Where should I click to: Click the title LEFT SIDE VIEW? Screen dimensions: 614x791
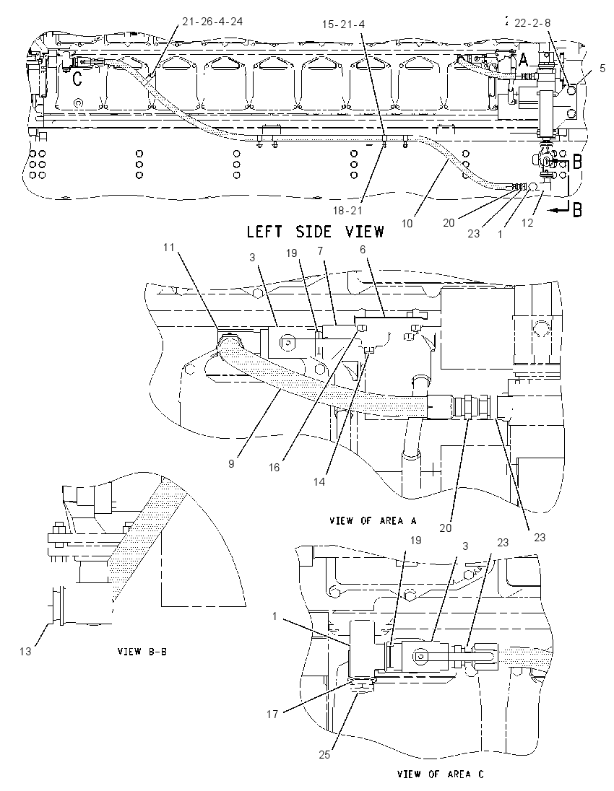315,232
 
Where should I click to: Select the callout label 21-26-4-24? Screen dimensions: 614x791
212,21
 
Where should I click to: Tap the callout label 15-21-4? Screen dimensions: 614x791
343,25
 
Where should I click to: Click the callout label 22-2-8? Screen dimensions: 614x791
532,22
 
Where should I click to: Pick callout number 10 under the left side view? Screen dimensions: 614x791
407,222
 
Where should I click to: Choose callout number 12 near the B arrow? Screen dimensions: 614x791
527,222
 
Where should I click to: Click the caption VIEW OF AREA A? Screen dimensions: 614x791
373,520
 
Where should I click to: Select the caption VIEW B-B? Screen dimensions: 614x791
142,651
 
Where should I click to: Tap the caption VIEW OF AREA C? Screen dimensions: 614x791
441,774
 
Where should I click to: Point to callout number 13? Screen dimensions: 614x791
25,651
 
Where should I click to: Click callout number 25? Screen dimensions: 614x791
324,755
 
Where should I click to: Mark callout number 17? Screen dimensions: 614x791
272,714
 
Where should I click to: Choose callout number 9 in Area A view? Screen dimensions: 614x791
231,463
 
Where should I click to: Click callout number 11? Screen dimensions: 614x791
168,247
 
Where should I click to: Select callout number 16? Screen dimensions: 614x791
274,468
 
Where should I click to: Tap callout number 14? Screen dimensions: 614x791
319,482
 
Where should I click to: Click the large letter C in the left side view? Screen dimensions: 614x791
77,79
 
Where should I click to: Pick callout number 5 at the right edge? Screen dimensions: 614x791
602,68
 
